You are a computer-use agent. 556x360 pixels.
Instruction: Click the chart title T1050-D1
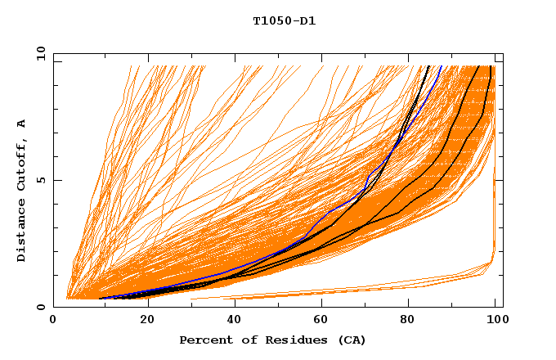(284, 21)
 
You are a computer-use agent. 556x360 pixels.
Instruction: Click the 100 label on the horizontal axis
(496, 320)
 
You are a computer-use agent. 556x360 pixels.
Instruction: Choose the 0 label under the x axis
(54, 320)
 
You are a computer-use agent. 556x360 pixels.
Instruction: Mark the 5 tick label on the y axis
(40, 180)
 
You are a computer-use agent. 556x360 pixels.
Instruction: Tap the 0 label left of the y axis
(40, 307)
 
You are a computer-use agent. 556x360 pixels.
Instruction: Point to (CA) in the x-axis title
(352, 340)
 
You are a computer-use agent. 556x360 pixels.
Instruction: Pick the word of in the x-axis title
(240, 340)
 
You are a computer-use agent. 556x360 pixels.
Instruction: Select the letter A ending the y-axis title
(21, 123)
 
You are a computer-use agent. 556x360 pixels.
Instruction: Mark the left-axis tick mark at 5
(56, 180)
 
